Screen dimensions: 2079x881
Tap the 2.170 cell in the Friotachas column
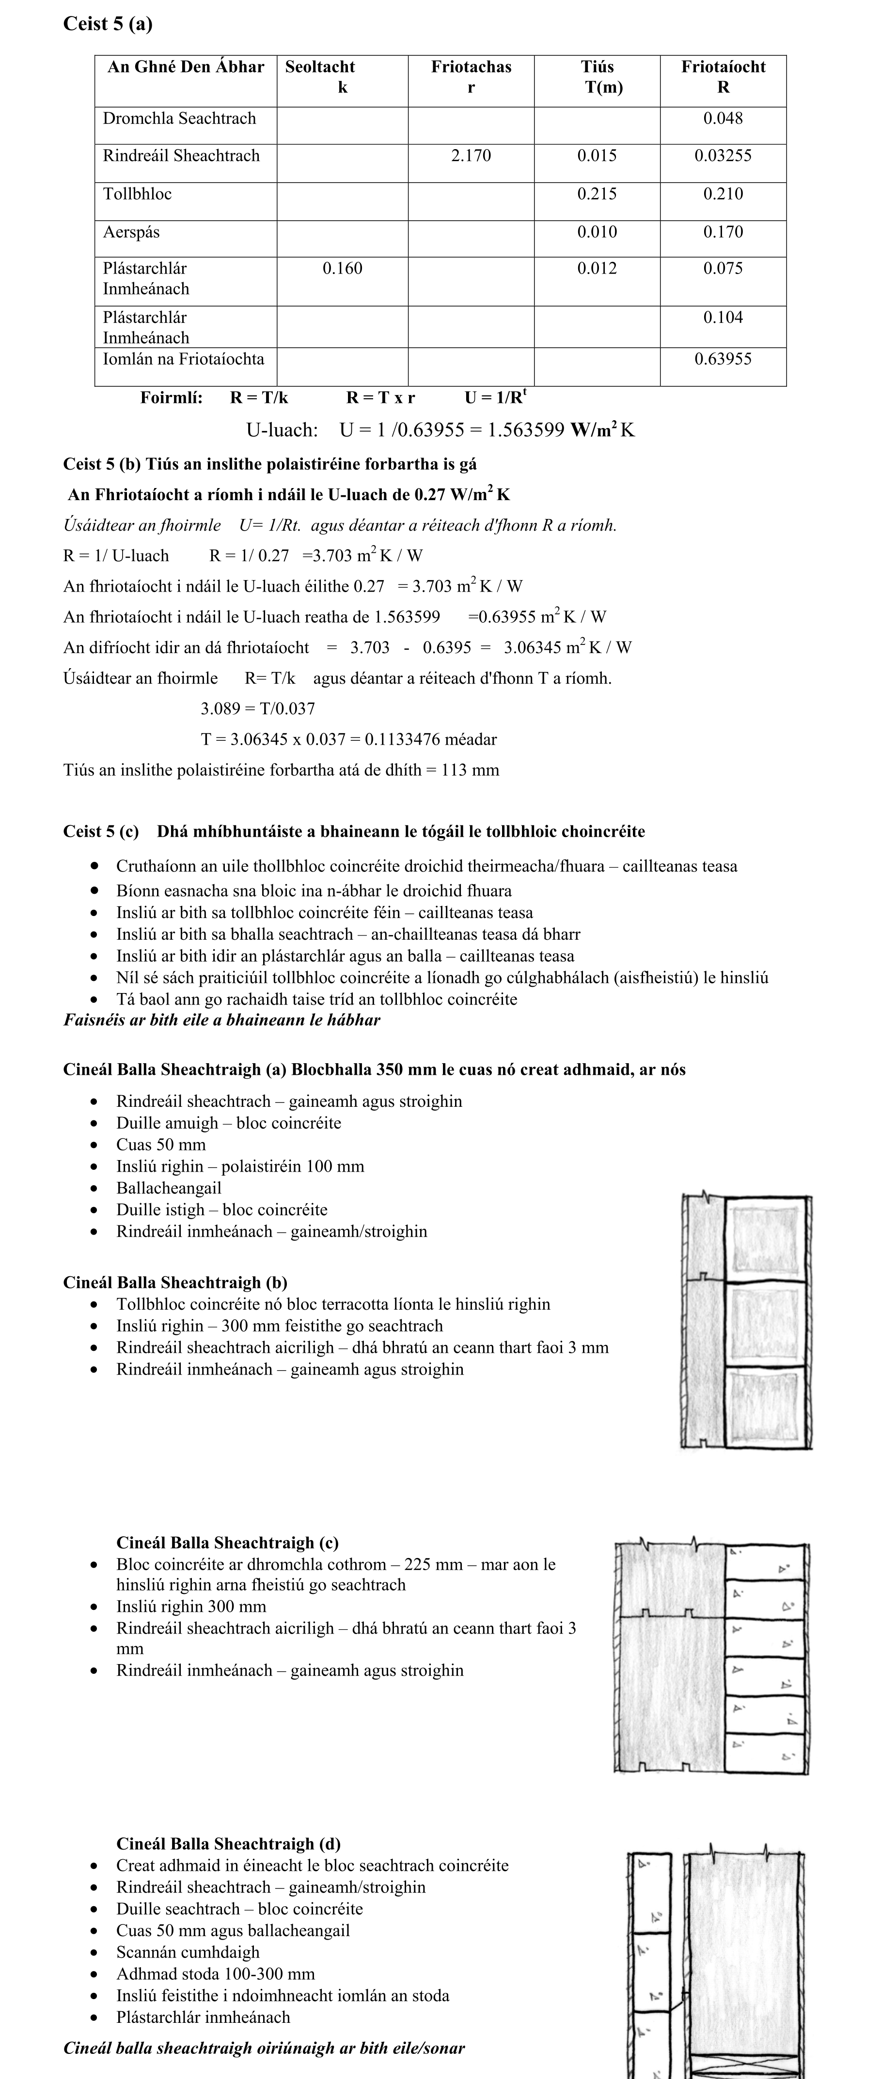471,156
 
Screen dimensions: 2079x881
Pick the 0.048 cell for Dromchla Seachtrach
723,119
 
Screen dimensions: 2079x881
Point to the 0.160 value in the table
343,269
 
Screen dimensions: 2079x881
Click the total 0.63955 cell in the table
723,359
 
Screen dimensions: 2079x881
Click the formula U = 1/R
495,397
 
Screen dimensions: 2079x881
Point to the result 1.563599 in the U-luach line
526,430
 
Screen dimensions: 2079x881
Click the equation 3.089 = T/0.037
258,709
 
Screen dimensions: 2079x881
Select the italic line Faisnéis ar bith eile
221,1020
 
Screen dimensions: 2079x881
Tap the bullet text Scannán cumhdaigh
188,1952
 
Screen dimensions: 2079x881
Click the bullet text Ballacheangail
169,1188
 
